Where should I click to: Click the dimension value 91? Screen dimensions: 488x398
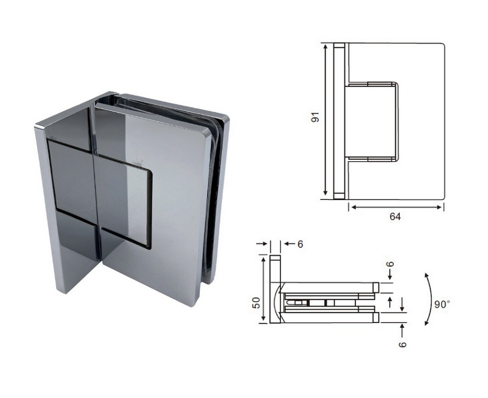[315, 117]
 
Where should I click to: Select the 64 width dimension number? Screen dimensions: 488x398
[395, 216]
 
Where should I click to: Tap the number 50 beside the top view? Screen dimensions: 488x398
[256, 303]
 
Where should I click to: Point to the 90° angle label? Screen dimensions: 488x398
[442, 304]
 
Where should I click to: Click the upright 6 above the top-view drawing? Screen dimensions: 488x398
[300, 244]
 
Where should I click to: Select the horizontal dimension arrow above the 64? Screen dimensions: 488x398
[395, 207]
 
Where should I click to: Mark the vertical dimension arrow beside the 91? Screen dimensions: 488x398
[325, 119]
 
